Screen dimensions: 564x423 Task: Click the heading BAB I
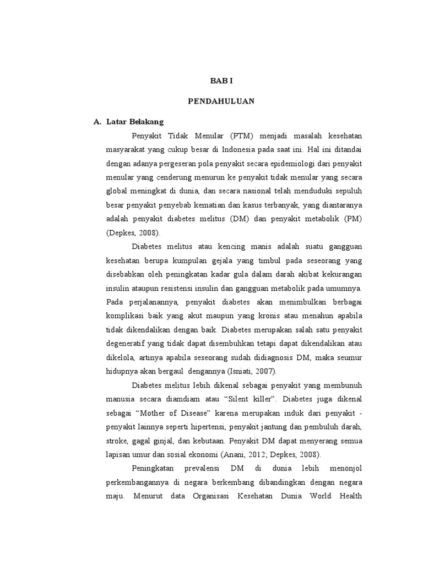222,81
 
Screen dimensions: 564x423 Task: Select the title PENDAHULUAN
222,101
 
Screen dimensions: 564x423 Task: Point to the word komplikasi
124,316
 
